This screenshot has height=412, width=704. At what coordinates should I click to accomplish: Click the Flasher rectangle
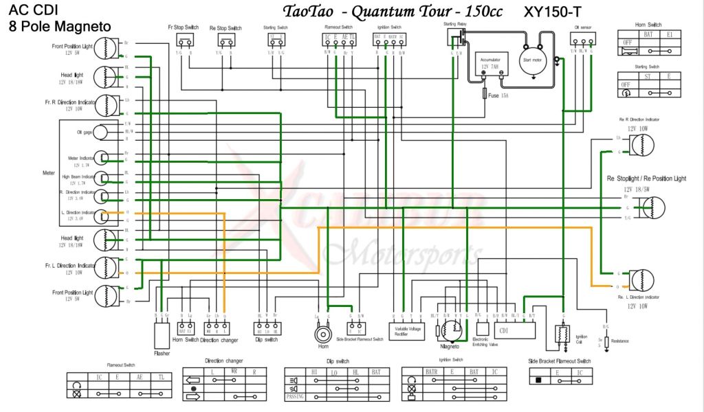162,335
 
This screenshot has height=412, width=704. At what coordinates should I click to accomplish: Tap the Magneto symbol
449,330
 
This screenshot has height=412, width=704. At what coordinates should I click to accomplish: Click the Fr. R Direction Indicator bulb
105,105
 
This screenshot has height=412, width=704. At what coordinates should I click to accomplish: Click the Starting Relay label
454,24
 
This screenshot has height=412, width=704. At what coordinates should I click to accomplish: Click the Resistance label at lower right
621,340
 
